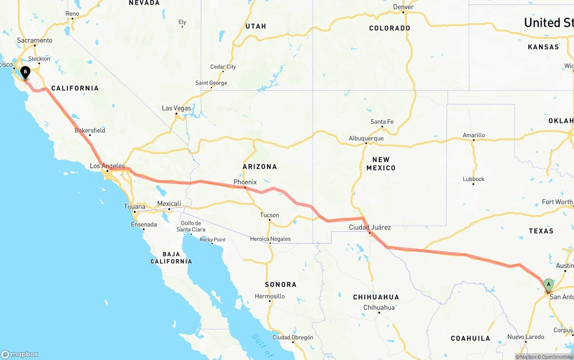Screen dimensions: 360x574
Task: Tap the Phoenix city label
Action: pyautogui.click(x=245, y=182)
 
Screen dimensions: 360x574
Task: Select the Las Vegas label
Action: pyautogui.click(x=176, y=108)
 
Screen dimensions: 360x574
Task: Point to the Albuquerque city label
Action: pyautogui.click(x=366, y=139)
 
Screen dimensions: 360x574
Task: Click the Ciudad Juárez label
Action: pyautogui.click(x=370, y=227)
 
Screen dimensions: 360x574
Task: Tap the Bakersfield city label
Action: pyautogui.click(x=90, y=130)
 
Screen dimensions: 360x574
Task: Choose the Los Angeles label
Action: pyautogui.click(x=107, y=166)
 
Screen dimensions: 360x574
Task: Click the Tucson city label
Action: pyautogui.click(x=269, y=215)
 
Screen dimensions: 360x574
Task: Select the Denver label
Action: pyautogui.click(x=403, y=7)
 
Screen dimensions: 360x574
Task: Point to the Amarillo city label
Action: pyautogui.click(x=474, y=135)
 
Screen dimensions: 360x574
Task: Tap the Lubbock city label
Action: pyautogui.click(x=474, y=179)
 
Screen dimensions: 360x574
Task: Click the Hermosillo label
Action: pyautogui.click(x=270, y=296)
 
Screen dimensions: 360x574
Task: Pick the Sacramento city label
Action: pyautogui.click(x=35, y=40)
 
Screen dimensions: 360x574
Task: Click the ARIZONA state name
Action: pyautogui.click(x=260, y=167)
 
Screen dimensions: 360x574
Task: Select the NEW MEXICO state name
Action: pyautogui.click(x=381, y=164)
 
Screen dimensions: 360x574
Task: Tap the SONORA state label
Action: pyautogui.click(x=280, y=284)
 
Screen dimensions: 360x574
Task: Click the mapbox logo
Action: pyautogui.click(x=20, y=354)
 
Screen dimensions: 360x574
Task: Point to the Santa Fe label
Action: pyautogui.click(x=382, y=122)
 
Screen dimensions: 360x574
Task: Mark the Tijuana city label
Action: pyautogui.click(x=135, y=207)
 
